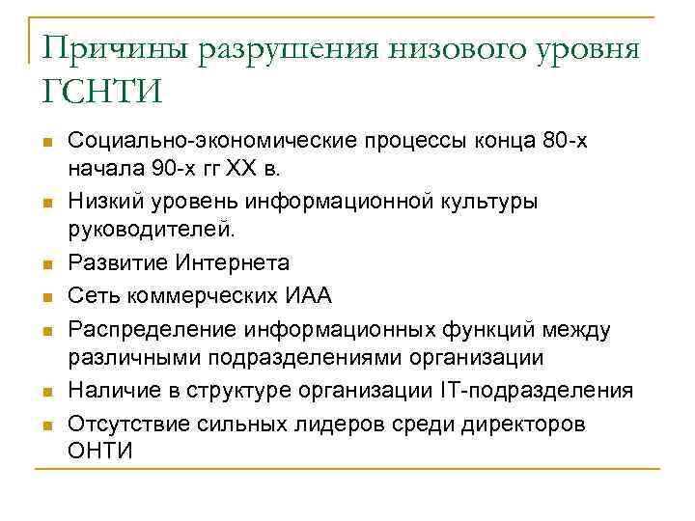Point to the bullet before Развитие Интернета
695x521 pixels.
click(x=46, y=263)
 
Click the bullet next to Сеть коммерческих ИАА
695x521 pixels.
click(x=46, y=295)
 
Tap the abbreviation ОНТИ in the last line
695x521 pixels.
click(x=99, y=451)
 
